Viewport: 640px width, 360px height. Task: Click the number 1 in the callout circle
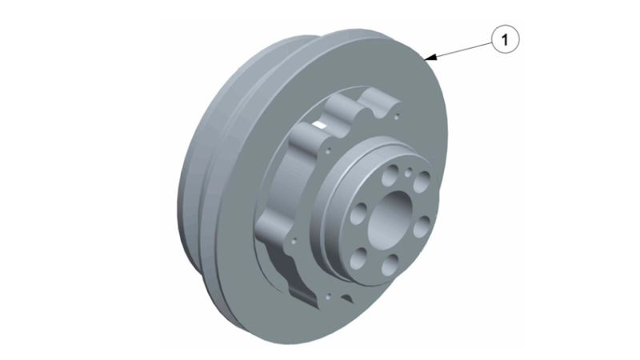click(x=505, y=39)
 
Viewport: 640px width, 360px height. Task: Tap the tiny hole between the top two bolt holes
click(x=408, y=173)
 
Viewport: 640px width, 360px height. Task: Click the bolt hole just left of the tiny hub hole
click(x=390, y=174)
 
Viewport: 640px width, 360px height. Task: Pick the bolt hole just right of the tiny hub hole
click(x=422, y=182)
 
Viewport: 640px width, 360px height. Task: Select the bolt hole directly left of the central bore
click(x=358, y=214)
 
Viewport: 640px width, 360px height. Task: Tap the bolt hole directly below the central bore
click(x=390, y=264)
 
